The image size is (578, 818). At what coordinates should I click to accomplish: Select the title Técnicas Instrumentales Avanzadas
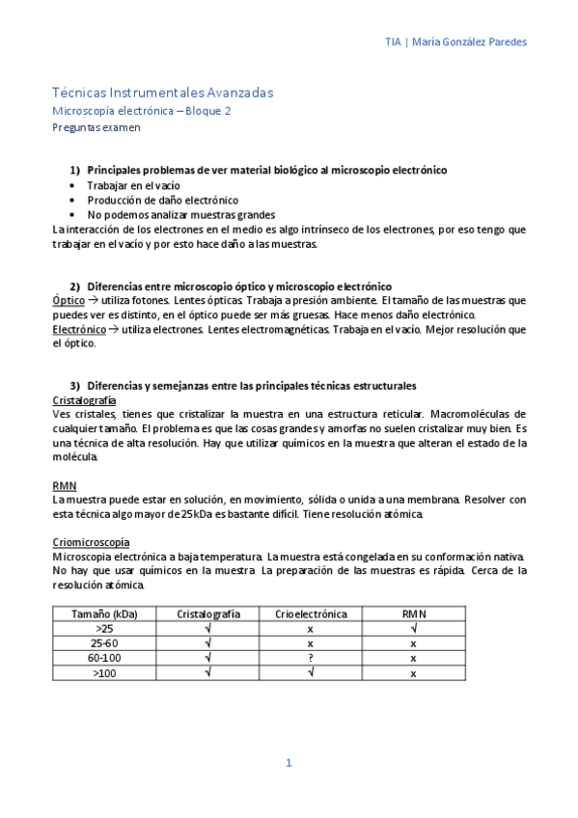162,93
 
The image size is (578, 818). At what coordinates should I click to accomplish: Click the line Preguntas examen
96,127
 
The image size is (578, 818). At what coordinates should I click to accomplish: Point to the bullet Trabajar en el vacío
133,185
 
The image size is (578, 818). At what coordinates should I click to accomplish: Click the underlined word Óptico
68,301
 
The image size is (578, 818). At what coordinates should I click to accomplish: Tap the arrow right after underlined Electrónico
111,329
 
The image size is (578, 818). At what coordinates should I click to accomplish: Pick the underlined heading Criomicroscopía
91,543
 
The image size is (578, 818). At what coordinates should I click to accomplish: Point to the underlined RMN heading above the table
64,486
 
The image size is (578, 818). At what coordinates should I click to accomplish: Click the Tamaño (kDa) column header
103,613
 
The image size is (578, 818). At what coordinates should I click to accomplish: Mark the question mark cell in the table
310,658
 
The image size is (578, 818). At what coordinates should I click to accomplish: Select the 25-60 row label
103,642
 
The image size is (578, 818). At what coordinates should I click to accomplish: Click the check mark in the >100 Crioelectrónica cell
310,672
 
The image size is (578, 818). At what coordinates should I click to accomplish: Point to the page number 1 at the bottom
288,763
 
